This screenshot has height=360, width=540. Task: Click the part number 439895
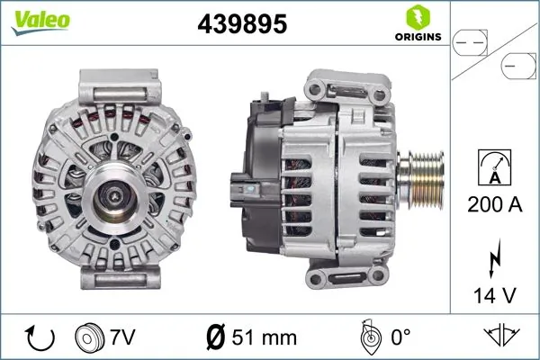[x=241, y=25]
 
